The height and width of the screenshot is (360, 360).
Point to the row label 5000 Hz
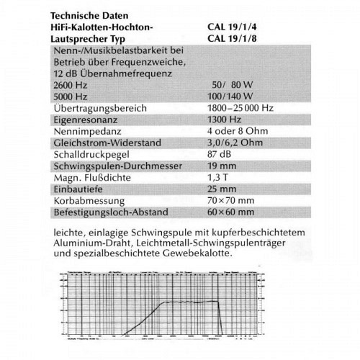click(x=71, y=96)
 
